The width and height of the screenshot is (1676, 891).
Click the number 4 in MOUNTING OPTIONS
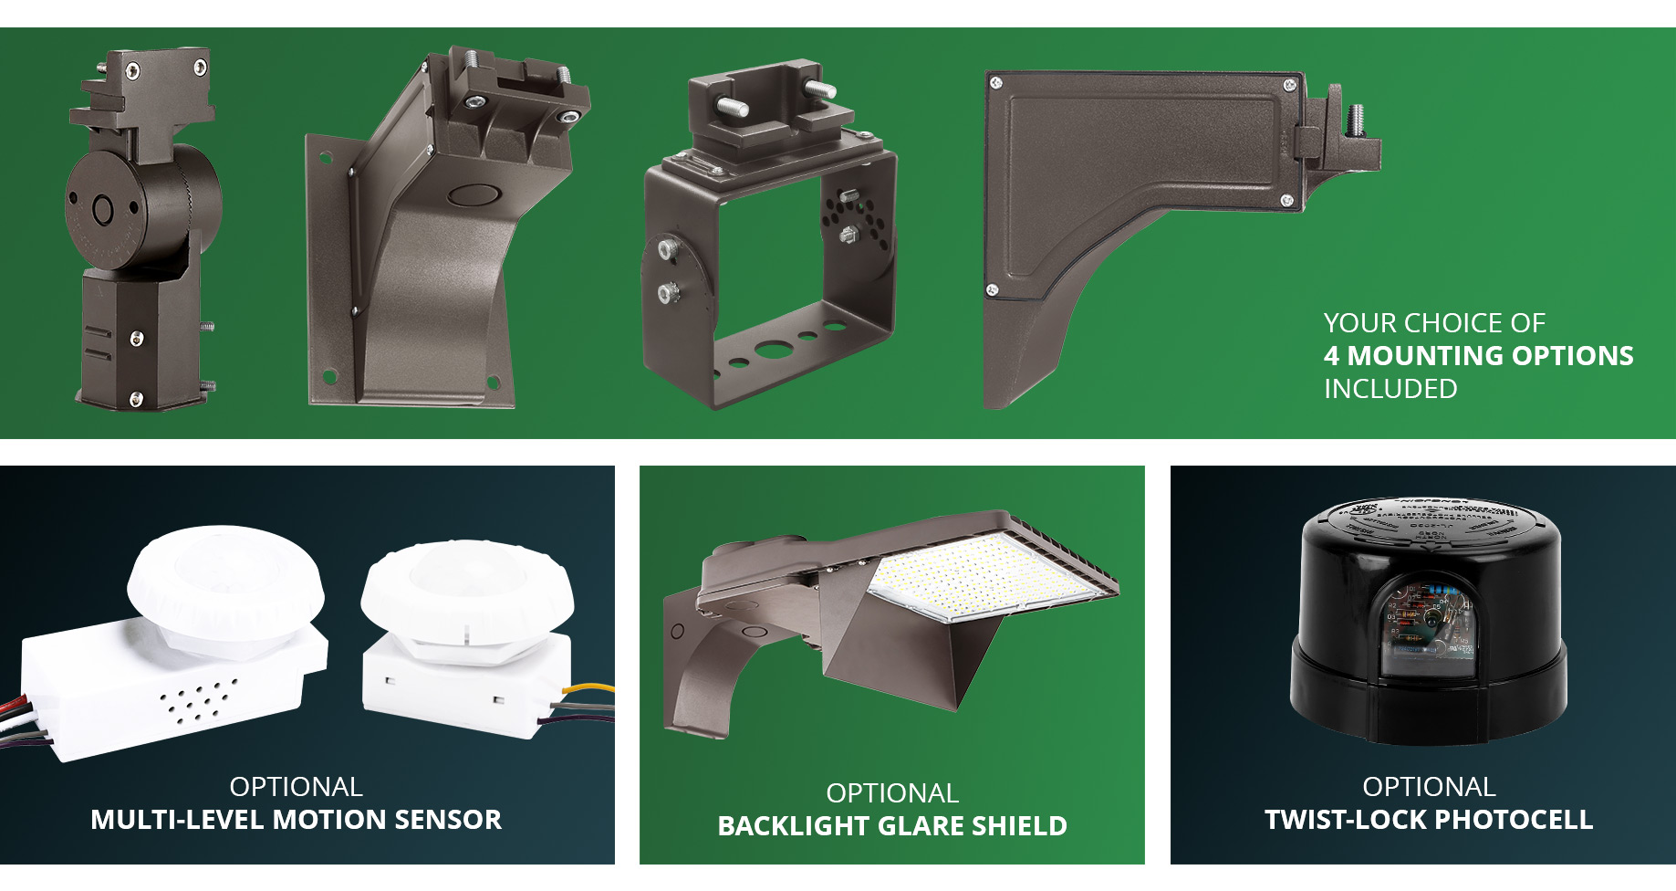point(1331,356)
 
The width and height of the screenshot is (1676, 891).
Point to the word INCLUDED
point(1390,389)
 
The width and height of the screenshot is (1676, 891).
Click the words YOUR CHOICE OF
point(1434,323)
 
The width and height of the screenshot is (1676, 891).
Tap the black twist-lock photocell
point(1429,621)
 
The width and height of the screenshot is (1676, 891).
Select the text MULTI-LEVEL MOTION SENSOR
point(296,820)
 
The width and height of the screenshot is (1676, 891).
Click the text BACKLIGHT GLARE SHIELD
point(892,826)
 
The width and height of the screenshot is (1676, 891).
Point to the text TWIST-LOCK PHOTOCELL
point(1429,820)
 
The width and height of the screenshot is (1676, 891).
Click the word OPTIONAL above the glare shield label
point(892,793)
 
